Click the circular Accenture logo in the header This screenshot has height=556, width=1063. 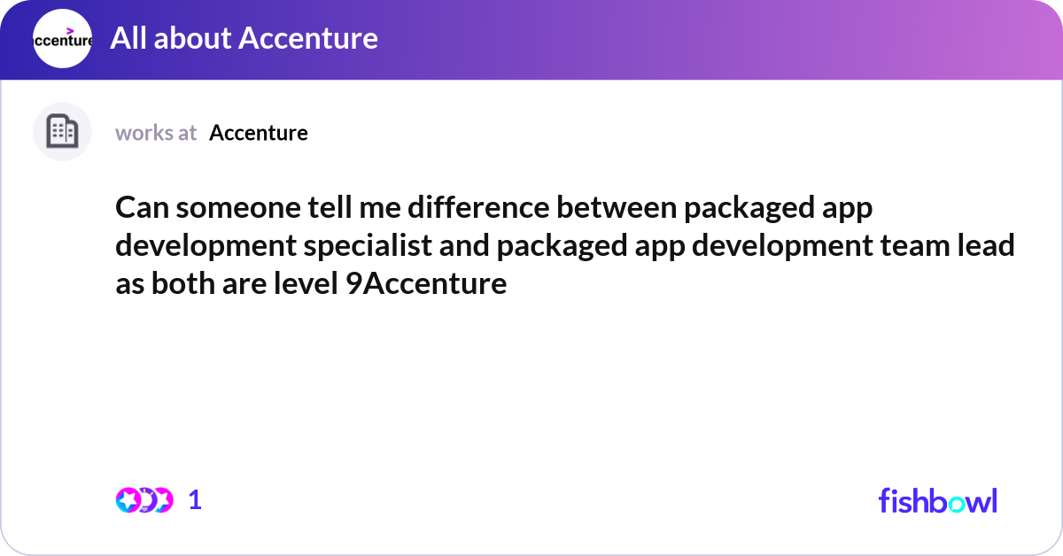click(62, 38)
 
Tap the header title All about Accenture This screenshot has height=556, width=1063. click(244, 38)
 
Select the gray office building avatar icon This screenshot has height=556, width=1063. click(62, 131)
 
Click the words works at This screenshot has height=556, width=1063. click(156, 133)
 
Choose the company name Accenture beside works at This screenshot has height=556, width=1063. click(259, 133)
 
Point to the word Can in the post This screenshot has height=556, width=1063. click(143, 208)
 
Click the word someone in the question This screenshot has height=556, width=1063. click(238, 208)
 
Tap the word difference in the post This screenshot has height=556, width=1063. click(478, 207)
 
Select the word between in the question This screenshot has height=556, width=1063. click(617, 207)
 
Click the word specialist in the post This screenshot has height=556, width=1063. click(368, 246)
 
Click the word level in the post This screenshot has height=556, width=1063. click(306, 283)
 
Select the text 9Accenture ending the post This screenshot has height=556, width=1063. click(426, 283)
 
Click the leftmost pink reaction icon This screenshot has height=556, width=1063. click(128, 500)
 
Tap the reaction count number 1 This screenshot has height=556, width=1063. click(195, 500)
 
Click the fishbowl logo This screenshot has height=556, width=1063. click(938, 500)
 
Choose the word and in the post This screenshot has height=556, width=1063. click(464, 245)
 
